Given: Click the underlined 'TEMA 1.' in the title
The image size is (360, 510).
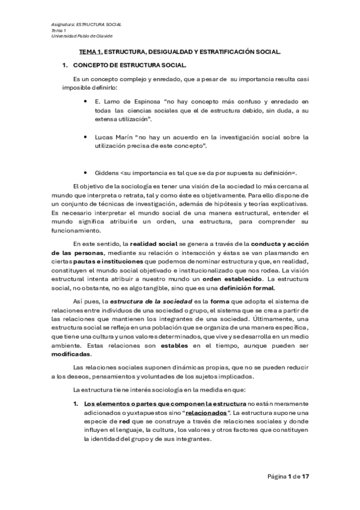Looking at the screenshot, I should pos(91,52).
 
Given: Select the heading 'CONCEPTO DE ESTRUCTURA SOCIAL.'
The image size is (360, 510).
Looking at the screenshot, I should pos(130,64).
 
